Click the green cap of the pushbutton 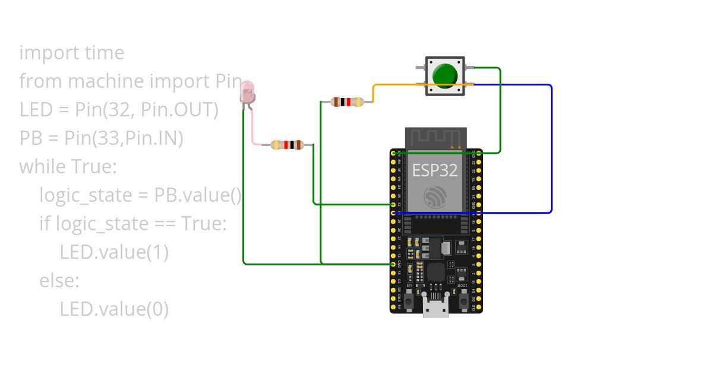[445, 75]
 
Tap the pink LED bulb [247, 93]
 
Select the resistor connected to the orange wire [348, 102]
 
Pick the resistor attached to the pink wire [288, 144]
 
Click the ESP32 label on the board [436, 170]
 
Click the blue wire [551, 148]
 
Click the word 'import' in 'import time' [42, 53]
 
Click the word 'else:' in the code [59, 281]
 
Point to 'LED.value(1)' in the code [114, 252]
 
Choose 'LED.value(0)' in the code [114, 309]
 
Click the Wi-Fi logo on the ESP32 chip [435, 196]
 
